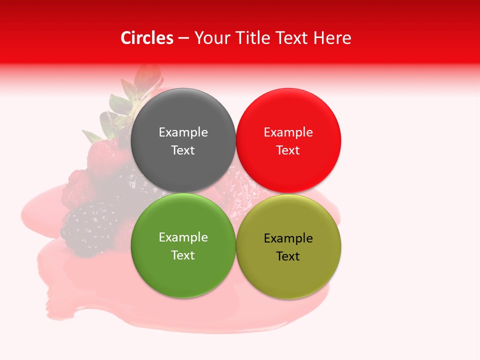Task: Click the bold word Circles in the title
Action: [147, 38]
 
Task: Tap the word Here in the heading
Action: [332, 38]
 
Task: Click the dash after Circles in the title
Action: [183, 38]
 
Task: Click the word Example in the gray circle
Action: [183, 132]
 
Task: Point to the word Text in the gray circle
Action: [183, 150]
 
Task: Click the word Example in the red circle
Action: [288, 132]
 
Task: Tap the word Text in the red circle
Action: [288, 150]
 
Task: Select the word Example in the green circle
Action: [183, 237]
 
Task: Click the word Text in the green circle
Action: [183, 255]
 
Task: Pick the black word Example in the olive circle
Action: [288, 238]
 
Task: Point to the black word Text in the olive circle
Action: [288, 256]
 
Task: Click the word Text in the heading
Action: [291, 38]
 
